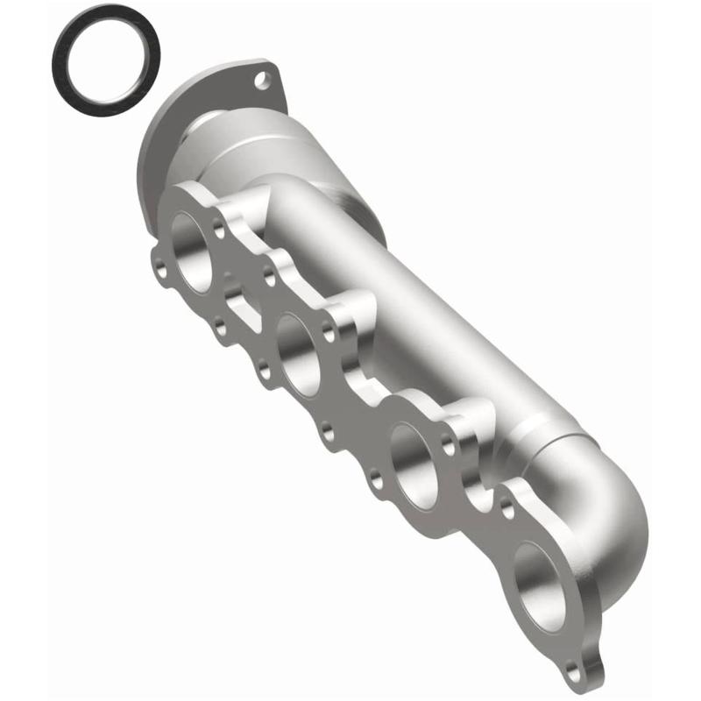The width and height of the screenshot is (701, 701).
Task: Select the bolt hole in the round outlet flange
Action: tap(260, 82)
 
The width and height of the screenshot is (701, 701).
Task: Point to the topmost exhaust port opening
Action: tap(190, 251)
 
